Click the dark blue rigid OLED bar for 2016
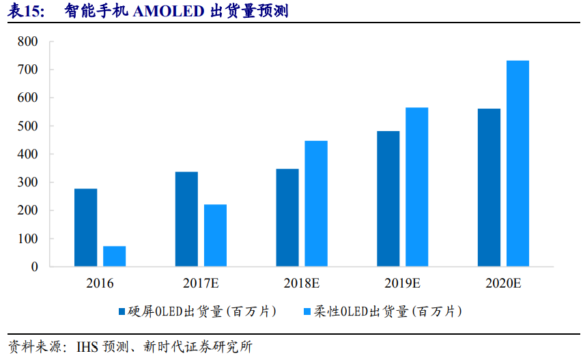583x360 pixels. [85, 227]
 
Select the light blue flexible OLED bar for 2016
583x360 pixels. [114, 256]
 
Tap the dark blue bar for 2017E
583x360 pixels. [186, 219]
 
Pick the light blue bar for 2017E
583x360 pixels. [215, 236]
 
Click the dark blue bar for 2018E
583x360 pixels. [287, 217]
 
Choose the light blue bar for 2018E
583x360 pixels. [316, 204]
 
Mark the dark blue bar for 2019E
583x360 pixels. [388, 199]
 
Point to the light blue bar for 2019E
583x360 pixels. [417, 187]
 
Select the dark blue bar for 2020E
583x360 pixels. [489, 188]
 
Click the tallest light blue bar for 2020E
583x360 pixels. [517, 164]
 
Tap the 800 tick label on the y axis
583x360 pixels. [29, 42]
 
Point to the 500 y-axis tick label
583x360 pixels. [29, 126]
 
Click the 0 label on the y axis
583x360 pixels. [34, 267]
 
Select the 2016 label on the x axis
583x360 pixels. [100, 283]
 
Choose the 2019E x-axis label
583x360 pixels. [403, 283]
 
